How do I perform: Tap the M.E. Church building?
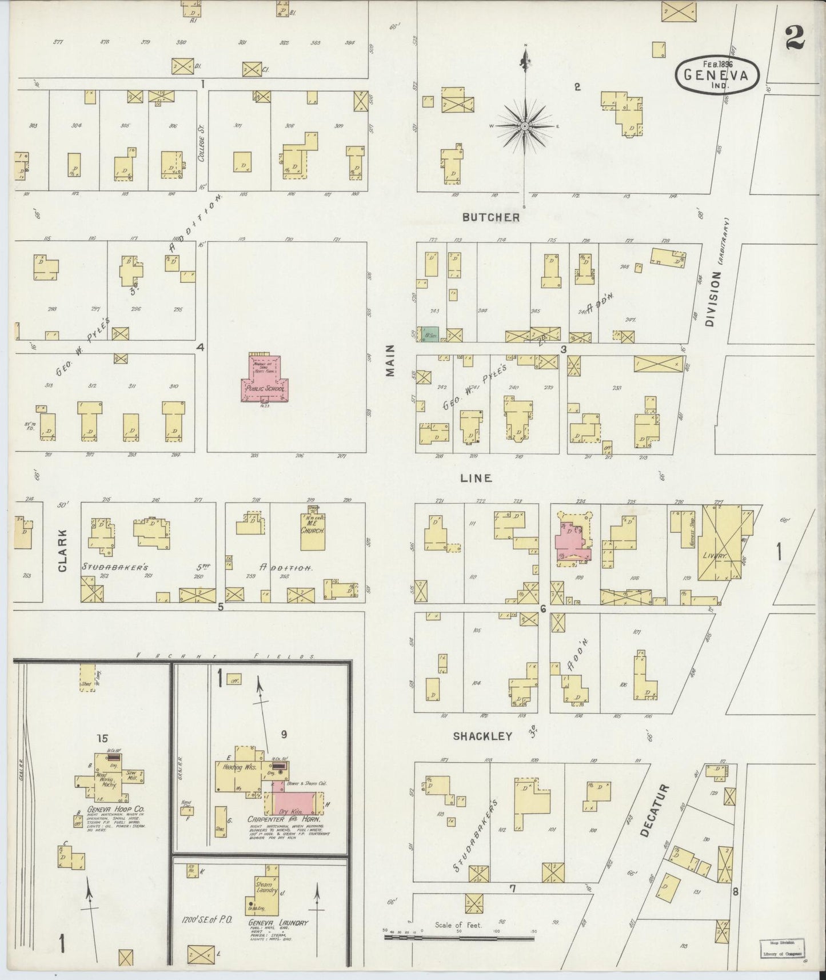[x=312, y=531]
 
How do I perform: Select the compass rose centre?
[x=524, y=125]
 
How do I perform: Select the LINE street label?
[x=476, y=478]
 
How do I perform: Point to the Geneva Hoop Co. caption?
[x=107, y=810]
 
